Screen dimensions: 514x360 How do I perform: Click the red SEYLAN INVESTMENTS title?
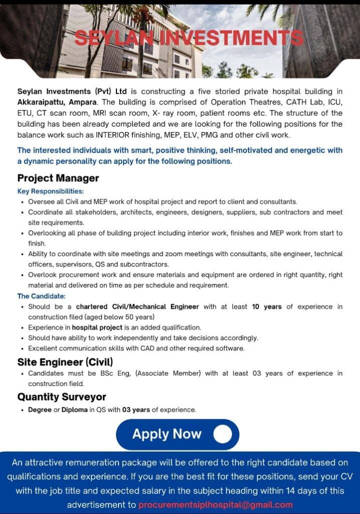(189, 38)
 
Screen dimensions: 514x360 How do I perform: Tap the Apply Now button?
(177, 434)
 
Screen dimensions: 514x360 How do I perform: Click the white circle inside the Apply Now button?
(222, 434)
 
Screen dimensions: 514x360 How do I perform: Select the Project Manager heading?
(58, 178)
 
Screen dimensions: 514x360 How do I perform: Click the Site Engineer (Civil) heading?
(65, 362)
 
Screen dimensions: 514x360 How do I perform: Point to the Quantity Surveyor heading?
(62, 397)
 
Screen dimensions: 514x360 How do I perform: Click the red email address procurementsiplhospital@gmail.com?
(215, 504)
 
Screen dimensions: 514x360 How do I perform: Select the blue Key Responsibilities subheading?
(51, 191)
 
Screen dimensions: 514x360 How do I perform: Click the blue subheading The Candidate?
(42, 296)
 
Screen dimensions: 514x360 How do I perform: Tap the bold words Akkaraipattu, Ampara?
(59, 101)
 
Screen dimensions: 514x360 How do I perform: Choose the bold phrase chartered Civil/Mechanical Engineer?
(138, 307)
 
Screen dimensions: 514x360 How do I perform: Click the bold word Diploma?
(75, 410)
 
